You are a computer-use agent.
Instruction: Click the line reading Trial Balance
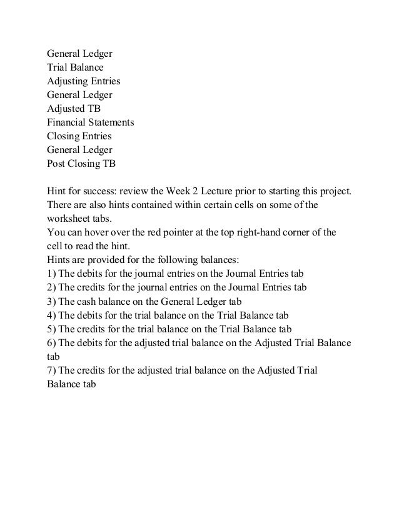[x=76, y=67]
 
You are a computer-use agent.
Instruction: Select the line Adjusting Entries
[x=84, y=81]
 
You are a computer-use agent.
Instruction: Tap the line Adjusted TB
[x=74, y=109]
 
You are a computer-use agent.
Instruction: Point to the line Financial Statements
[x=90, y=122]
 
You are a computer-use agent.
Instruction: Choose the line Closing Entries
[x=79, y=136]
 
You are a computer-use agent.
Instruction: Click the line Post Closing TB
[x=81, y=164]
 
